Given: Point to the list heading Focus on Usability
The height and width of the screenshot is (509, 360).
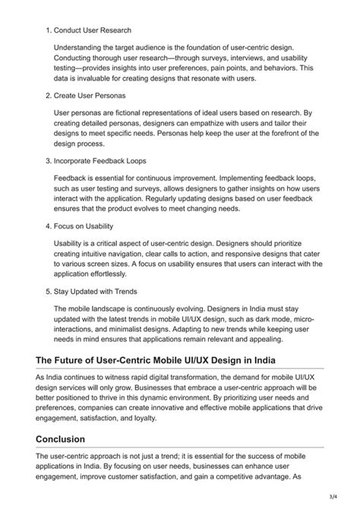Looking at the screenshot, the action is [x=87, y=226].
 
